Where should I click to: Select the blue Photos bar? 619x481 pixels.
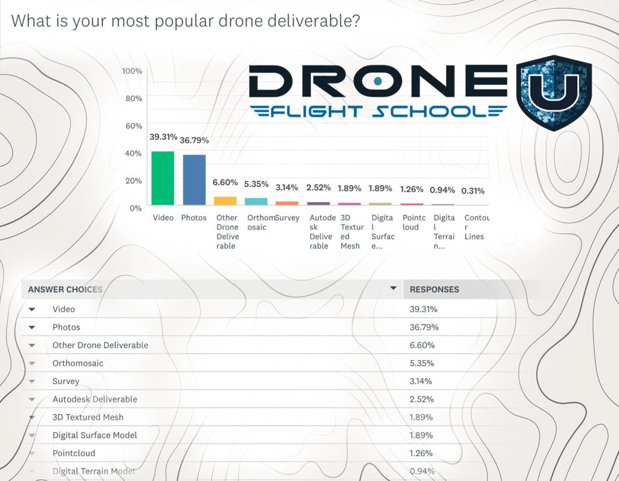click(x=194, y=180)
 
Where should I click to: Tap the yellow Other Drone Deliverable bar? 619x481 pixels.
click(x=225, y=200)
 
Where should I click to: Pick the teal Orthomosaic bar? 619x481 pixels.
click(x=256, y=201)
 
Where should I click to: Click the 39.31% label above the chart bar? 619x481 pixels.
click(x=163, y=137)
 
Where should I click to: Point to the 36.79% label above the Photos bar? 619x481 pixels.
click(x=194, y=140)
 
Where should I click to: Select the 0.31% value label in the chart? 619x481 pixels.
click(x=473, y=191)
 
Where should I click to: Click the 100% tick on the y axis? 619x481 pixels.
click(x=132, y=71)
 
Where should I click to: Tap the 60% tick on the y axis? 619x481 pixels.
click(x=134, y=126)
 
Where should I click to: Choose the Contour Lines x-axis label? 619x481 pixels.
click(x=476, y=227)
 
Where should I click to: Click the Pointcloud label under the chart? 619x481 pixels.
click(x=413, y=222)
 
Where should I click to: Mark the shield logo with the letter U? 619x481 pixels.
click(x=553, y=91)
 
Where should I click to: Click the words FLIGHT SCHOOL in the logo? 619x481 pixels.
click(x=378, y=111)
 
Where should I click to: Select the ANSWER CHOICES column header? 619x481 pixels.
click(x=65, y=289)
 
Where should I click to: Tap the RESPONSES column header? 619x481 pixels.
click(x=434, y=289)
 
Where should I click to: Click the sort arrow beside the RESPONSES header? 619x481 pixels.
click(x=394, y=288)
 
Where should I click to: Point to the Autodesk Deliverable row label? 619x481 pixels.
click(x=94, y=399)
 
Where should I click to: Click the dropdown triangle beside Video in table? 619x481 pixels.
click(x=32, y=309)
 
